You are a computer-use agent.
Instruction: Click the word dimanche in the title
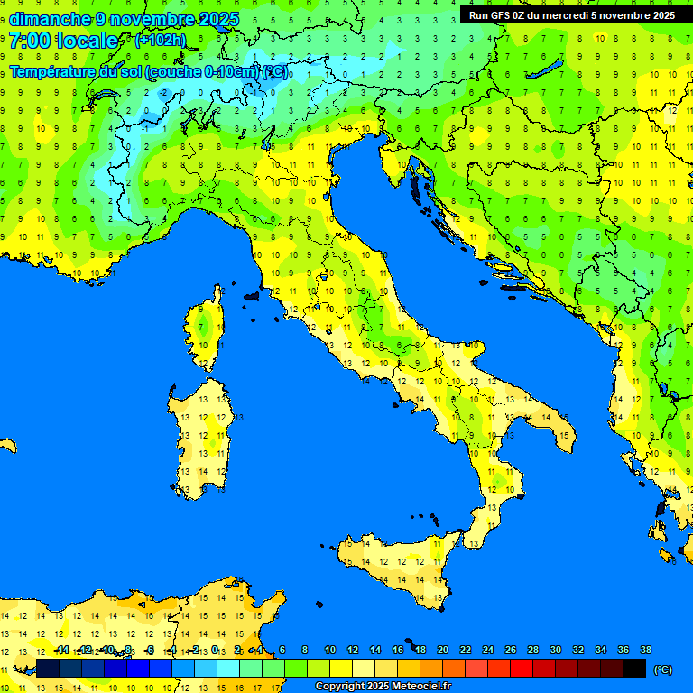pos(50,19)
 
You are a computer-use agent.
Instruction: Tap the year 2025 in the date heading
pos(217,19)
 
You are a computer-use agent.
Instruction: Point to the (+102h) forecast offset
pos(161,41)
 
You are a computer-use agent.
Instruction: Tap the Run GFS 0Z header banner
pos(571,15)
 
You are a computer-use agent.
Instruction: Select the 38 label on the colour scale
pos(645,650)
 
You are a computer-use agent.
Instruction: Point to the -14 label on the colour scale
pos(62,650)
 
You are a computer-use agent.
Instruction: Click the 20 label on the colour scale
pos(442,650)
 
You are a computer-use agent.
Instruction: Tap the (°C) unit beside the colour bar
pos(662,670)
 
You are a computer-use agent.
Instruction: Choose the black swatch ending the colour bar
pos(634,668)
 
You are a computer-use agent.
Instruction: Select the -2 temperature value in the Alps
pos(163,92)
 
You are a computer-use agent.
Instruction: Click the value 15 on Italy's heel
pos(564,436)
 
